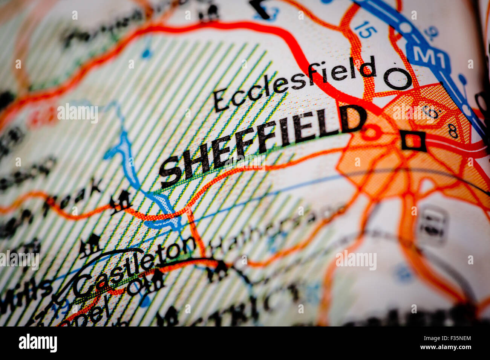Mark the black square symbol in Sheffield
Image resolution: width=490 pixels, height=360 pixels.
coord(413,141)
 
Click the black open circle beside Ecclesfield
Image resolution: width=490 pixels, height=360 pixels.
coord(397,79)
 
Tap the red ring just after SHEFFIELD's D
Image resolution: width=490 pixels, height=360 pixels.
coord(371,132)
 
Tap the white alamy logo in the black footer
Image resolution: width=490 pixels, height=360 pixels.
coord(38,343)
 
